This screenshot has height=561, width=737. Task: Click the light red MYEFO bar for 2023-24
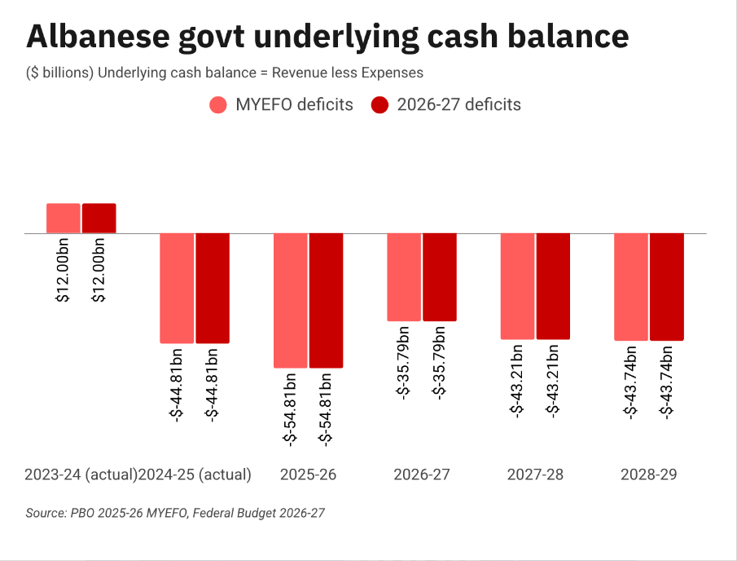[x=64, y=219]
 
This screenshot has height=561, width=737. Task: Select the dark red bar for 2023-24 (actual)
[x=99, y=219]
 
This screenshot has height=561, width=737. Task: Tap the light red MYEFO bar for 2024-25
[x=177, y=288]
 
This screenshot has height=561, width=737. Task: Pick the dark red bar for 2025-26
[x=327, y=300]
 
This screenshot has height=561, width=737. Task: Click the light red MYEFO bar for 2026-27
[x=404, y=277]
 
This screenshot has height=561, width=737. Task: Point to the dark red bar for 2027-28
[x=553, y=286]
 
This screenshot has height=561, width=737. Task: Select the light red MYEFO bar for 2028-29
[x=631, y=287]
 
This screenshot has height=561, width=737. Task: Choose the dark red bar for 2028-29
[x=667, y=287]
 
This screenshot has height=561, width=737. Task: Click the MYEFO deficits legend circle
[x=218, y=104]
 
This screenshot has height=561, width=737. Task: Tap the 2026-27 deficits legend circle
[x=379, y=104]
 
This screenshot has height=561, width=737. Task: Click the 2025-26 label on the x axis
[x=309, y=475]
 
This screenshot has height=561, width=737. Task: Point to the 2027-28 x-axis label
[x=535, y=475]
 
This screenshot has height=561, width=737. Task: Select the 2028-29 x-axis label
[x=648, y=475]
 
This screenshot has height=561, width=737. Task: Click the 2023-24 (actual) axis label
[x=81, y=475]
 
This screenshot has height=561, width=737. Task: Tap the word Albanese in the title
[x=98, y=36]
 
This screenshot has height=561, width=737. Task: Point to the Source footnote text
[x=175, y=513]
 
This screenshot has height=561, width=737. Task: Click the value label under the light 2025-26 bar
[x=290, y=409]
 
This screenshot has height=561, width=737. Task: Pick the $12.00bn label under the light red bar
[x=63, y=270]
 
